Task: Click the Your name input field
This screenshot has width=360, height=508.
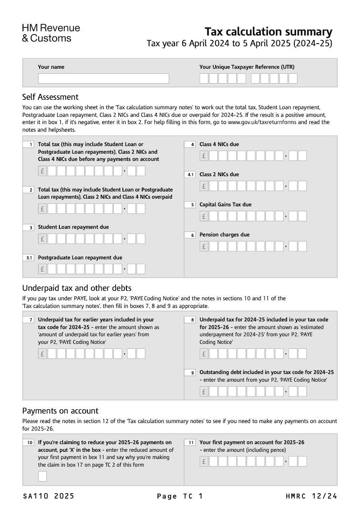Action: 103,79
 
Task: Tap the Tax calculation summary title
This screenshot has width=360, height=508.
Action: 268,32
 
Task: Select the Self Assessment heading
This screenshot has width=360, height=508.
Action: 50,97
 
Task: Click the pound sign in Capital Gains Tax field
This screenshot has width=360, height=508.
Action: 204,216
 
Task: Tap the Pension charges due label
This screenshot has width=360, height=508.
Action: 224,235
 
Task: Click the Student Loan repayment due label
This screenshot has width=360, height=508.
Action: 73,227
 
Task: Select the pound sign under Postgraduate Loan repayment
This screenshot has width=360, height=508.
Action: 42,269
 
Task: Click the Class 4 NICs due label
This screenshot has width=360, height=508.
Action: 219,144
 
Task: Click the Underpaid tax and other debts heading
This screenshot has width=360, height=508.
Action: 76,288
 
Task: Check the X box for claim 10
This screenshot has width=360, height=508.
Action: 42,476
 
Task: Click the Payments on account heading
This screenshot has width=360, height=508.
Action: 60,411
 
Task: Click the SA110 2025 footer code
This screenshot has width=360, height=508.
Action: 48,496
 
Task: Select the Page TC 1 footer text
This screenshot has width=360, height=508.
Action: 180,496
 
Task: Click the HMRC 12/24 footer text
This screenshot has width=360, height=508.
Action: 311,496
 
